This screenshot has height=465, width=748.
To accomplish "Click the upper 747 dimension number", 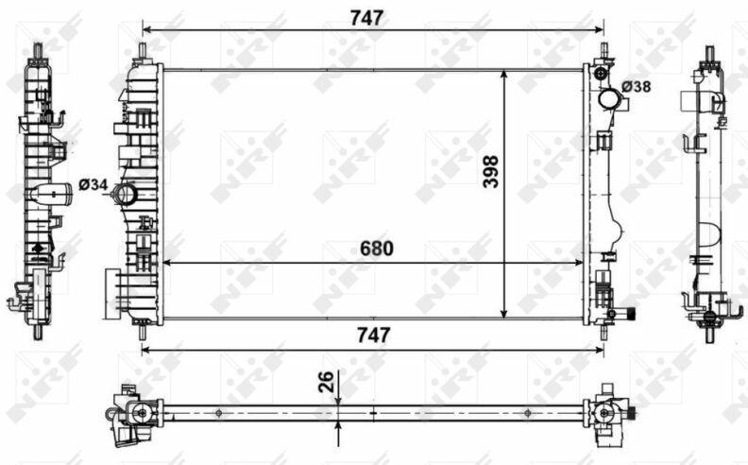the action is pos(366,18).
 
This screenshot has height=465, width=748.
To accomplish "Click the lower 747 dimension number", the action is pos(373,336).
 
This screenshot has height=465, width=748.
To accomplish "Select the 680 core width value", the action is pos(377,249).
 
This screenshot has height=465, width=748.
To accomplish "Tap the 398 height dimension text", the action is pos(491,172).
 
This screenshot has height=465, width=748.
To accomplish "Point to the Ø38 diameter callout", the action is pos(636,87).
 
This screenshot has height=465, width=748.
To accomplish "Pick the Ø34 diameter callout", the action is pos(93,184).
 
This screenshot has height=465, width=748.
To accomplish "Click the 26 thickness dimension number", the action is pos(326,382).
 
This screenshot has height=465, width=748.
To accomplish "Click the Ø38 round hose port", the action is pos(609,99).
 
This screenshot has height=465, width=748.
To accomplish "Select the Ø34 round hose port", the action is pos(125,194).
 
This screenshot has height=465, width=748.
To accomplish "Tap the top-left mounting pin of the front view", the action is pos(143,51).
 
